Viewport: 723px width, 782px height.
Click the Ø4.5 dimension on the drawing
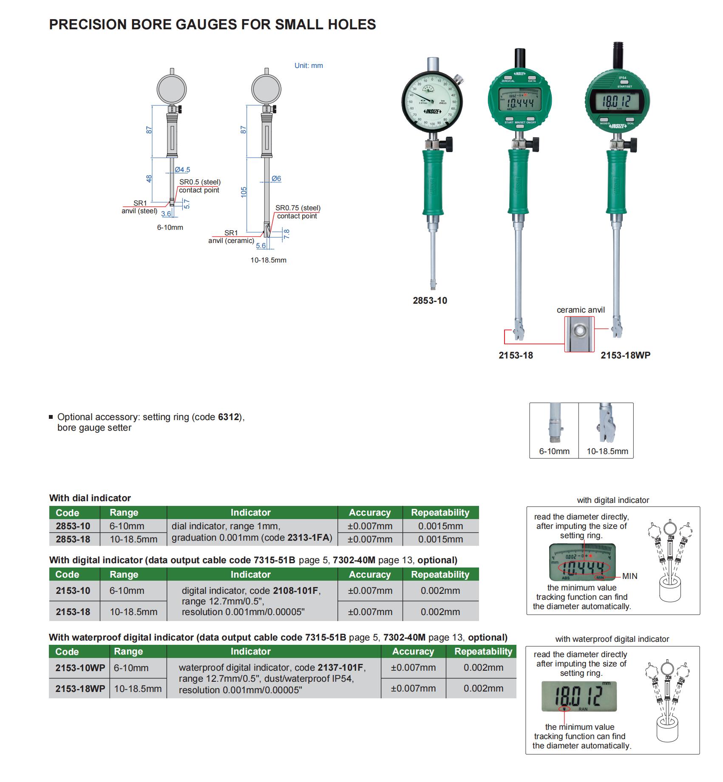pos(183,170)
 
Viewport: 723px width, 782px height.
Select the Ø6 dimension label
pos(276,179)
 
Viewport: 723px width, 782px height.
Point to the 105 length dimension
pos(244,192)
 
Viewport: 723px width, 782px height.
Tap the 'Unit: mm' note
pos(309,66)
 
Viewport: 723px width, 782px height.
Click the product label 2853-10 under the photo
pos(430,301)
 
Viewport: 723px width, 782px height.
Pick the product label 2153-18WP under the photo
pos(625,356)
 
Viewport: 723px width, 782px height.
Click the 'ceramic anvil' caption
pos(581,310)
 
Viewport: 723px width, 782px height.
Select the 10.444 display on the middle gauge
pos(519,103)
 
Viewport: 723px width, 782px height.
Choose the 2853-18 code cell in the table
pos(73,539)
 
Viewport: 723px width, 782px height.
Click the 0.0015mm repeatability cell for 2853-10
pos(440,526)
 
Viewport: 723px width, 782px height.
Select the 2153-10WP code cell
pos(80,668)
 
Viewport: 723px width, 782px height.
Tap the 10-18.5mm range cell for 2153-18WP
pos(138,689)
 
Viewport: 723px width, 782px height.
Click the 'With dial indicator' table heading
pos(90,498)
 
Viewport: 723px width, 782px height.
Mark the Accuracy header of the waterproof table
pos(413,652)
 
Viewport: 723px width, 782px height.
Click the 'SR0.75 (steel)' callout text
pos(298,208)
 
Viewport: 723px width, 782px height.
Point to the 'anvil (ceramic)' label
pos(231,241)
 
